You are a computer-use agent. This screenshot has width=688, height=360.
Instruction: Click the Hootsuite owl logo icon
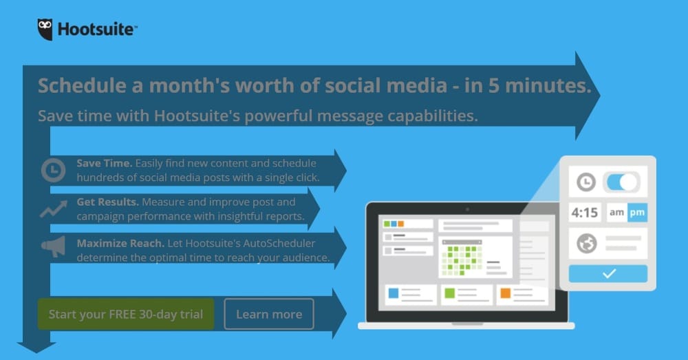point(45,30)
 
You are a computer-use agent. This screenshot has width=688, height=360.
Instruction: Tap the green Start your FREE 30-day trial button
point(126,314)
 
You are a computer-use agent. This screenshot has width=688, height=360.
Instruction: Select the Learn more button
point(269,314)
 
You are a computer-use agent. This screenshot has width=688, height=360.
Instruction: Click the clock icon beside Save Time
point(54,170)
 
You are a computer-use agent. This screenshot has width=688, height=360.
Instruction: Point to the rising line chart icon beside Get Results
point(54,209)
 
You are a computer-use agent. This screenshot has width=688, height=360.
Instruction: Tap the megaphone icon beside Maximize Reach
point(54,246)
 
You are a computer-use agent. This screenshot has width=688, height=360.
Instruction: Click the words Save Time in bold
point(105,163)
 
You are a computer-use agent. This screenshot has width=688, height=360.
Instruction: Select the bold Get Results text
point(108,202)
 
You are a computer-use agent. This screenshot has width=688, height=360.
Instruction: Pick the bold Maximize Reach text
point(120,243)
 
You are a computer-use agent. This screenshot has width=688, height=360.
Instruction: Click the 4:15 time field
point(584,213)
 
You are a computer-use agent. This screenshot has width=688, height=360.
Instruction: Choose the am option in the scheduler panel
point(616,213)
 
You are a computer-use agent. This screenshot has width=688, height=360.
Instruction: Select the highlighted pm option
point(638,213)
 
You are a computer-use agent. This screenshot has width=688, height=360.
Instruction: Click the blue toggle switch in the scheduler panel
point(622,182)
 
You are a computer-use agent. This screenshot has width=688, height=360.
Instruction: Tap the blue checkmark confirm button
point(608,273)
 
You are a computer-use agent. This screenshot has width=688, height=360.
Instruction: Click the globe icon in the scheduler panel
point(587,243)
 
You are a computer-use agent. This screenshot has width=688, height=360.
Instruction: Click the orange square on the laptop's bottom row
point(506,293)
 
